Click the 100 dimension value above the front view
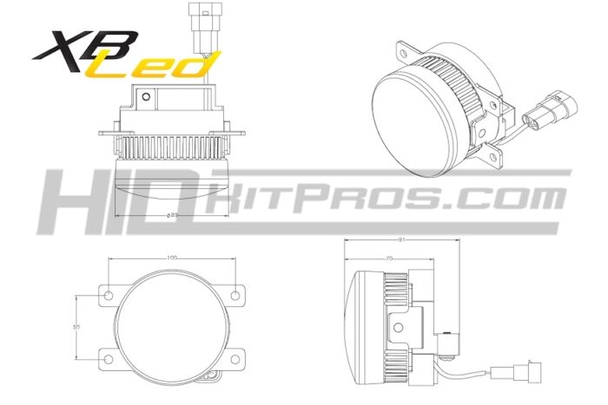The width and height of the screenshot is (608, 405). pos(172,258)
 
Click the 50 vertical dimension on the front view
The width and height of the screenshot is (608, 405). pos(77,327)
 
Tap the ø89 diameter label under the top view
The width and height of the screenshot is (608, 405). pos(171,213)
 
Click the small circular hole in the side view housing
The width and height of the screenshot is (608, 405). pos(400,328)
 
